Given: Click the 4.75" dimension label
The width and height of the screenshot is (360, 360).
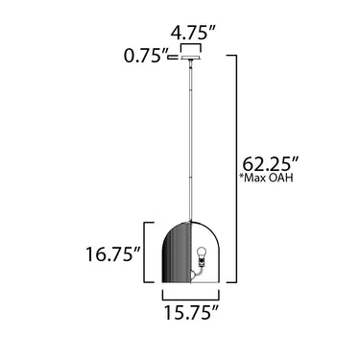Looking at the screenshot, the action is [194, 33].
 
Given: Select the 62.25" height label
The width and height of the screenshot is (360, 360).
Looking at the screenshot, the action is [271, 164].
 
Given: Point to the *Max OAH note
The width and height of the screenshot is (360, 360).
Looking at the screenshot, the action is [267, 178].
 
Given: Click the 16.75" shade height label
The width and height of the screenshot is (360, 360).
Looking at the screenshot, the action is [113, 254].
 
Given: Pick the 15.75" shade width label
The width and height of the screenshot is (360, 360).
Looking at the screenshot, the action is [192, 312].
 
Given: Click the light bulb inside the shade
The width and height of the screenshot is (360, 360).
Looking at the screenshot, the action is [202, 253].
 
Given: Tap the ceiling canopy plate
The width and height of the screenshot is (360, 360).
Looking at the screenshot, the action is [191, 58].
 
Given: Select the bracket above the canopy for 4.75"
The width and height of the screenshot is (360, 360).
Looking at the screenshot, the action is [191, 44].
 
